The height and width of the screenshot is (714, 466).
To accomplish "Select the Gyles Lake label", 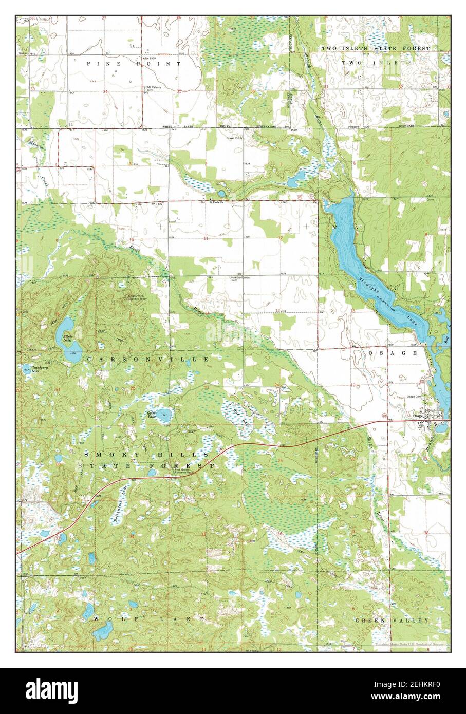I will pyautogui.click(x=151, y=415).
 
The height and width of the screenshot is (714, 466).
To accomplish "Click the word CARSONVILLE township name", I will pyautogui.click(x=147, y=359).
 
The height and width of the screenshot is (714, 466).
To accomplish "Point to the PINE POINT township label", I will pyautogui.click(x=134, y=64).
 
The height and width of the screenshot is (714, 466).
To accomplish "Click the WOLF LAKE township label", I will pyautogui.click(x=150, y=619).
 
